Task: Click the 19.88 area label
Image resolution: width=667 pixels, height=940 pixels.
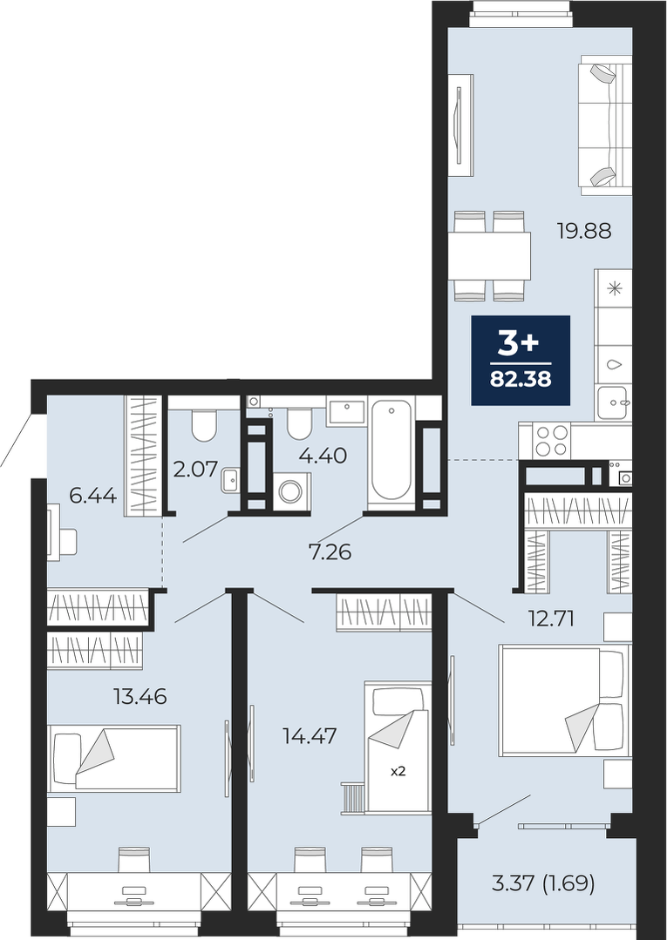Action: click(x=584, y=231)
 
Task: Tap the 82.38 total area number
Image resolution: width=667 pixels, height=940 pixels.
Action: click(x=521, y=380)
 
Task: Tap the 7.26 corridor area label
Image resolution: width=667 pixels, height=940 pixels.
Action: click(x=330, y=551)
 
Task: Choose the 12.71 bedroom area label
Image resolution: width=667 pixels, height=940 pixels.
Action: click(x=550, y=619)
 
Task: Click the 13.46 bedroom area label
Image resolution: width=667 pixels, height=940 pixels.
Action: click(x=140, y=697)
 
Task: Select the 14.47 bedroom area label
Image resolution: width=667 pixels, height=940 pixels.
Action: click(x=310, y=735)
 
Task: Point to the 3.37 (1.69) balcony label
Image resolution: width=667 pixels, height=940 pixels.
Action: click(x=543, y=883)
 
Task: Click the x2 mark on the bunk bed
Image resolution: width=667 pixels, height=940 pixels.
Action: click(x=398, y=772)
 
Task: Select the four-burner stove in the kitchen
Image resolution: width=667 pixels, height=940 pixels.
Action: click(x=551, y=440)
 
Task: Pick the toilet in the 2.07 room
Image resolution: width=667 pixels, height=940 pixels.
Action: click(x=204, y=421)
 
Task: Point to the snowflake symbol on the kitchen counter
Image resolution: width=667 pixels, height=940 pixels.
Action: click(x=613, y=288)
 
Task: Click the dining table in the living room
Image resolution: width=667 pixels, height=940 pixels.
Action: click(x=489, y=257)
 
